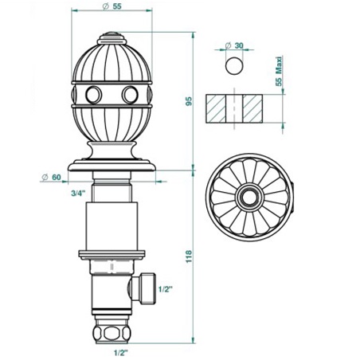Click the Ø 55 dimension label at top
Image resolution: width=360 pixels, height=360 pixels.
point(112,6)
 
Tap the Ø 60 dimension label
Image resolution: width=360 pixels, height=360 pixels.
point(52,177)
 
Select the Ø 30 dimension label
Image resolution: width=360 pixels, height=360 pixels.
point(234,45)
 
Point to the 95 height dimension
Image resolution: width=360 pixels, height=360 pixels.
point(189,101)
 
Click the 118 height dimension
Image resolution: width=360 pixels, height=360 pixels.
point(189,256)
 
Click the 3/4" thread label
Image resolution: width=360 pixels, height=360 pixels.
point(78,194)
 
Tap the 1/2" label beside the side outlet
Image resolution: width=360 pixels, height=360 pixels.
point(166,289)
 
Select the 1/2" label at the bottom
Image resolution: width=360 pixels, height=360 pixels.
point(121,353)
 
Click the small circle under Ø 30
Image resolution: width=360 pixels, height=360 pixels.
point(234,65)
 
